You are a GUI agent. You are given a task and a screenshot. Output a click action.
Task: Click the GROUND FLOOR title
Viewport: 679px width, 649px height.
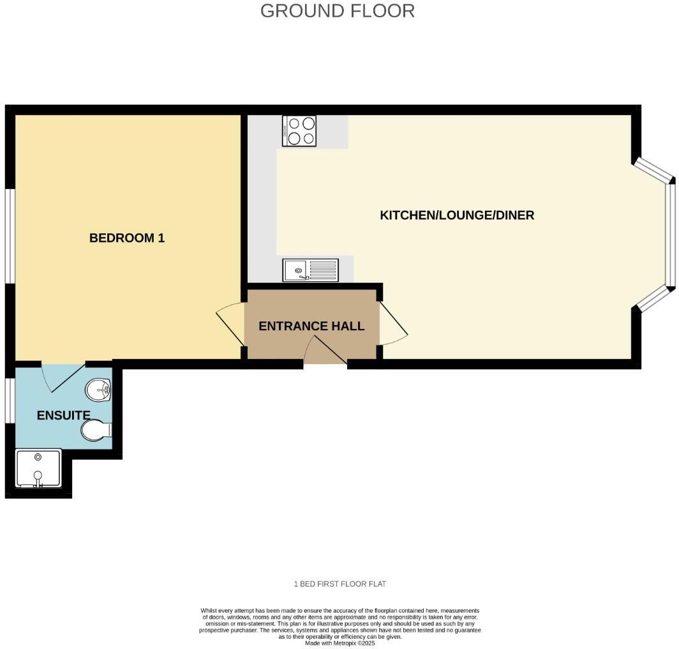[338, 11]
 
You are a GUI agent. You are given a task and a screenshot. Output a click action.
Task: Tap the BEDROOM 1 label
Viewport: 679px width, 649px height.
[127, 238]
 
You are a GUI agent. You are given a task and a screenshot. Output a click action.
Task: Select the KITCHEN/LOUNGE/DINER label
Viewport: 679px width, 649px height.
[457, 215]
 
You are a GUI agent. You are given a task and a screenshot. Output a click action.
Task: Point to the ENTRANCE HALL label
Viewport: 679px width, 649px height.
[311, 326]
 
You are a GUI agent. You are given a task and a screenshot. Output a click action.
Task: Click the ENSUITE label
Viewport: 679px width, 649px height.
[63, 415]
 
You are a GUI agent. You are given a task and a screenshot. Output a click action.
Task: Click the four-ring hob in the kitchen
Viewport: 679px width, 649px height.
[299, 130]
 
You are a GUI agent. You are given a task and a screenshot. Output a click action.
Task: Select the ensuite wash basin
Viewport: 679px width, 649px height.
[98, 387]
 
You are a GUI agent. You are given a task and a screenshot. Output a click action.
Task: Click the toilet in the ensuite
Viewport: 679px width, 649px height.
[96, 430]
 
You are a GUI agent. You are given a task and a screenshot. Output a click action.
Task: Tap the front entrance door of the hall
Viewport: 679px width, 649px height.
[325, 351]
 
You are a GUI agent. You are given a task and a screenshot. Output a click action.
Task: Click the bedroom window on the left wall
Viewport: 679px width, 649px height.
[10, 234]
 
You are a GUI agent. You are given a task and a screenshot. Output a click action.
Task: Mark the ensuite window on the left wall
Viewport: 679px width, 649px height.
[10, 401]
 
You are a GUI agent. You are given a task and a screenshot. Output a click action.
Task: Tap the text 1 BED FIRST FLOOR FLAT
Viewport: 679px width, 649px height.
[339, 584]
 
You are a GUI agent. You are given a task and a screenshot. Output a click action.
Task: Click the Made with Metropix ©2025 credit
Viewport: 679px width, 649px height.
[339, 643]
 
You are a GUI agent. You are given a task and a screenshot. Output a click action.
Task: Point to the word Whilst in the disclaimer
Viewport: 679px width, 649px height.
[209, 611]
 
